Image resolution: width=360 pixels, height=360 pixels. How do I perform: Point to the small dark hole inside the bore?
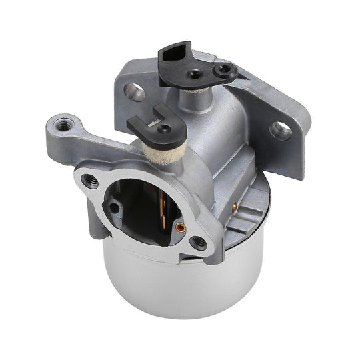pyautogui.click(x=115, y=207)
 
